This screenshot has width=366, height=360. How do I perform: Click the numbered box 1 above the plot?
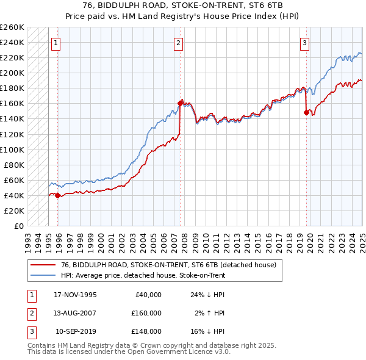tap(56, 43)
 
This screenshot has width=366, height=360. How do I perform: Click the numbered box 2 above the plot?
tap(178, 43)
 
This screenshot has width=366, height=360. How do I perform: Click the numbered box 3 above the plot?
tap(304, 43)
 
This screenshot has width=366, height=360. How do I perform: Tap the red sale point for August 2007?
tap(181, 103)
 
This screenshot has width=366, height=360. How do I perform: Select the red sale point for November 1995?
tap(57, 195)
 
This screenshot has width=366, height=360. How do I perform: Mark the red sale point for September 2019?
tap(306, 112)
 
